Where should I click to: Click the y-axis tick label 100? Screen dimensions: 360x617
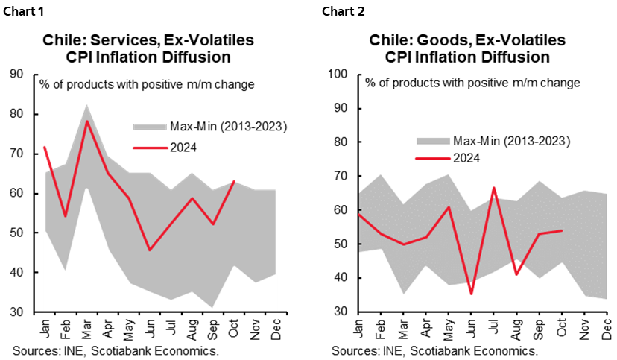pos(339,75)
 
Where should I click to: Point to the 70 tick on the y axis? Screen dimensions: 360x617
pos(342,176)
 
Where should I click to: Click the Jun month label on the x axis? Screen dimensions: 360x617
pos(472,327)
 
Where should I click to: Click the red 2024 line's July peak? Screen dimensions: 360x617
pos(495,188)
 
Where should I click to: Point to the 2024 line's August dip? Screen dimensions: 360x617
pos(517,274)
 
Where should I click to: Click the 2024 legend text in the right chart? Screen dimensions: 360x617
pos(467,157)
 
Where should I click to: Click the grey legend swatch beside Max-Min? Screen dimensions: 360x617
pos(432,141)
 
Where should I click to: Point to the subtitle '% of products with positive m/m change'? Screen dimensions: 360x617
pos(472,82)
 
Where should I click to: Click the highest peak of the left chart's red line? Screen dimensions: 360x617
pos(87,121)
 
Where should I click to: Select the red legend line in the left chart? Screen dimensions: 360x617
pos(150,148)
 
